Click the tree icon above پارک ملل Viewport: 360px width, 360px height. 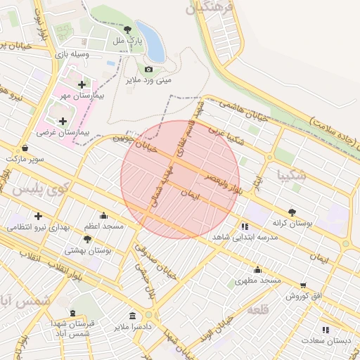click(127, 30)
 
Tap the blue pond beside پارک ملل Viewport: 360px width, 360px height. click(151, 41)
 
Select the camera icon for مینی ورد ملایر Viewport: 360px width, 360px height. click(148, 69)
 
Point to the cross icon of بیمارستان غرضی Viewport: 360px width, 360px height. click(63, 121)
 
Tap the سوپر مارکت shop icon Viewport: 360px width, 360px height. click(26, 148)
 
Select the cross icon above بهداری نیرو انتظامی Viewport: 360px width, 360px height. click(37, 216)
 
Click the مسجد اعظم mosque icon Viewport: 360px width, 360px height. click(104, 215)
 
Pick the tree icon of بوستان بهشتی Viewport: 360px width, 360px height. click(89, 239)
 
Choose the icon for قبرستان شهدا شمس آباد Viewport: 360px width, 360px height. click(72, 313)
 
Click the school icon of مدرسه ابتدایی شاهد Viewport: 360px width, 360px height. click(245, 226)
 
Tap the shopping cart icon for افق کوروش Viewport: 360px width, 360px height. click(303, 285)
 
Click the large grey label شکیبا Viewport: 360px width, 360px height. click(291, 174)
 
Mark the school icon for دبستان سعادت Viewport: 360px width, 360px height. click(325, 329)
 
